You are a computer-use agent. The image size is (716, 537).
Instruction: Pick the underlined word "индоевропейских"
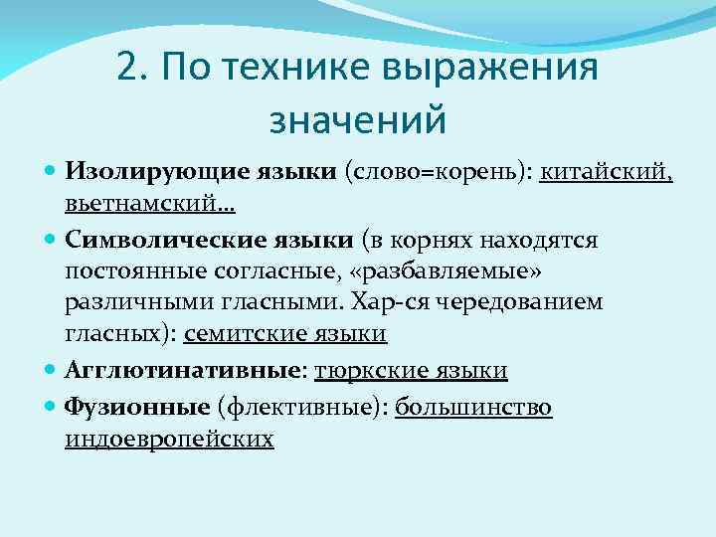[169, 439]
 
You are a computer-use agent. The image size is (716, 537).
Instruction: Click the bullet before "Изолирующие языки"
[52, 171]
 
